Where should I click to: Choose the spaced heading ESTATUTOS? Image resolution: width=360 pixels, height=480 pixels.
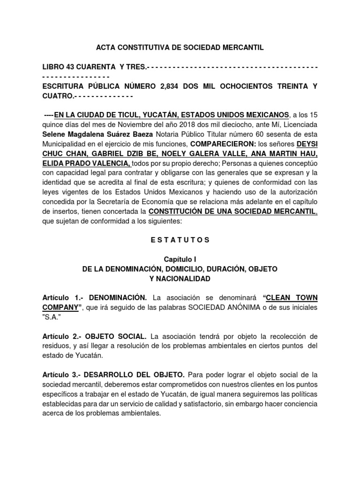(x=180, y=240)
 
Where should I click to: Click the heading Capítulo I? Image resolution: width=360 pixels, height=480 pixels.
(x=180, y=259)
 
